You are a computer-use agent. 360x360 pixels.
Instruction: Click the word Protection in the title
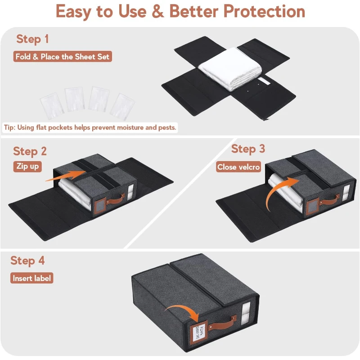click(264, 11)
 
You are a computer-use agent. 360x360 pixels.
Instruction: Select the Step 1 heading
click(32, 39)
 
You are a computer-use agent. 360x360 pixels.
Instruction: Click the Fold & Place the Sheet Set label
click(63, 57)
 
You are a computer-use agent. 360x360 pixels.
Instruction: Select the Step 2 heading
click(30, 151)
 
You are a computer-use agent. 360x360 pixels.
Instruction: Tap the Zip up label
click(28, 166)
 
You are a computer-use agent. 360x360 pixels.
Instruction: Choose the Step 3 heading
click(248, 148)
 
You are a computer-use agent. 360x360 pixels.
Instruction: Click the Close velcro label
click(238, 167)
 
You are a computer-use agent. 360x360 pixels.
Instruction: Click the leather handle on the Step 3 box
click(326, 201)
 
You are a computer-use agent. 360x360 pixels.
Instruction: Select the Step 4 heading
click(28, 261)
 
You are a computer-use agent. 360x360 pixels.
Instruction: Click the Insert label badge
click(32, 278)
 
